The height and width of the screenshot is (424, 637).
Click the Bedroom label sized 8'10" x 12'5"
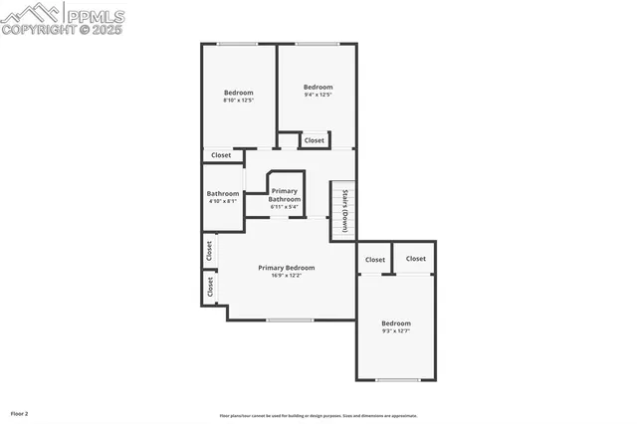pyautogui.click(x=238, y=93)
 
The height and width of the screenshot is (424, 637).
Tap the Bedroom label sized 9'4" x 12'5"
pyautogui.click(x=318, y=87)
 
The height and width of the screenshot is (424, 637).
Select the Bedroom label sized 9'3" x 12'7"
pyautogui.click(x=396, y=323)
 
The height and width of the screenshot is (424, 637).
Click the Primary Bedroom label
pyautogui.click(x=287, y=267)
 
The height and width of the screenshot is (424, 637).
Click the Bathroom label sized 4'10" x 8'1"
pyautogui.click(x=223, y=194)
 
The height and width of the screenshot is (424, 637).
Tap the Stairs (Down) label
pyautogui.click(x=344, y=210)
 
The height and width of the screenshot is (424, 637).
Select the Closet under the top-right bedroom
pyautogui.click(x=315, y=140)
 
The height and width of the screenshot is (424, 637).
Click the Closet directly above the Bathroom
pyautogui.click(x=221, y=155)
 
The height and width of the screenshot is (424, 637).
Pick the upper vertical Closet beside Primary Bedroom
pyautogui.click(x=210, y=251)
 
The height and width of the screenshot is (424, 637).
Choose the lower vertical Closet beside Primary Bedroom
pyautogui.click(x=210, y=287)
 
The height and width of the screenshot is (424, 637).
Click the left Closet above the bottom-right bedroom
pyautogui.click(x=375, y=260)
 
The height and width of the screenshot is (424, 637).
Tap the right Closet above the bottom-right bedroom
pyautogui.click(x=416, y=259)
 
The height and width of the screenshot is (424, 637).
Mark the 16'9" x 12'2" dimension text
pyautogui.click(x=287, y=276)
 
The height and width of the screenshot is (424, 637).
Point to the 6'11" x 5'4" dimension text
pyautogui.click(x=285, y=207)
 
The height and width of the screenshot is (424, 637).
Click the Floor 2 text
pyautogui.click(x=20, y=413)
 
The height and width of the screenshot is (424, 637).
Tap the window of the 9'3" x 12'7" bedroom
pyautogui.click(x=397, y=379)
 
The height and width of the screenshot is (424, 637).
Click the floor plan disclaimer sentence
pyautogui.click(x=318, y=416)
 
